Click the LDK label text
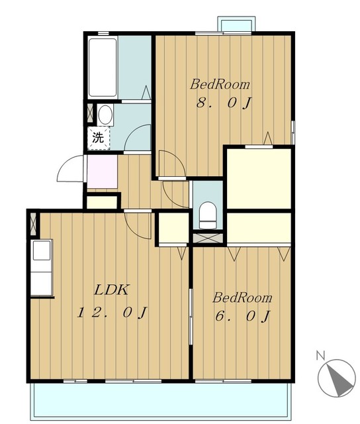point(112,290)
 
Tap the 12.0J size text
point(112,313)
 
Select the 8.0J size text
point(224,103)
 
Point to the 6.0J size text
point(243,316)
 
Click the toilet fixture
point(208,215)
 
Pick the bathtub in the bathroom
point(103,68)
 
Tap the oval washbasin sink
point(105,115)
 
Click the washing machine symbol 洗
point(99,138)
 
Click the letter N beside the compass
point(320,355)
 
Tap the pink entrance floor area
point(102,172)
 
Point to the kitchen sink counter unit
point(42,268)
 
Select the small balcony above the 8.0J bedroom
point(236,24)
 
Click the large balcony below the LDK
point(161,401)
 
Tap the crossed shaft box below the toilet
point(208,238)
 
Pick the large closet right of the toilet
point(259,178)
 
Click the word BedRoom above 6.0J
point(242,297)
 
